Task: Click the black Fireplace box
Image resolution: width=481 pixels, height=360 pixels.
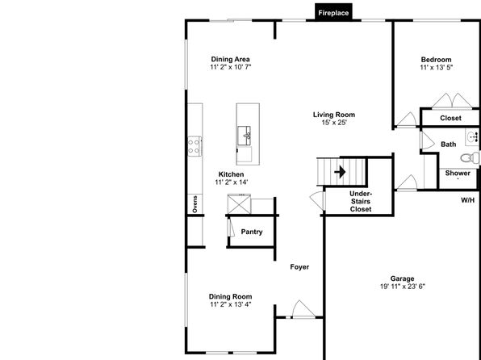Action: [x=333, y=12]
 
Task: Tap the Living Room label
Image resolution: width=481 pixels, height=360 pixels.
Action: [x=334, y=115]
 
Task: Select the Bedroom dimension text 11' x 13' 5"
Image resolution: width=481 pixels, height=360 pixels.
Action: [x=437, y=68]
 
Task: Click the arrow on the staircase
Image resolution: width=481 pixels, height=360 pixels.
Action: [x=341, y=172]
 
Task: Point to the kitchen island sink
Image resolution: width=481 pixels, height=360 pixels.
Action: [x=245, y=136]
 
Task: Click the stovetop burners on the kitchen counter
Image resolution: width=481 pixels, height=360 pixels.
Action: [x=194, y=146]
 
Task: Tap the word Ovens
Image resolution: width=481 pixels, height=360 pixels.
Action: [x=194, y=204]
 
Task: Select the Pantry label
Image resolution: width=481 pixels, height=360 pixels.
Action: [x=252, y=232]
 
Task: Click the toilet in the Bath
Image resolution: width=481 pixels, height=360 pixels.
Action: [x=470, y=158]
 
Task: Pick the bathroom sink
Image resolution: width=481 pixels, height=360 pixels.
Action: [x=472, y=137]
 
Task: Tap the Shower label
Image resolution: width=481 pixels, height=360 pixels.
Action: [x=458, y=173]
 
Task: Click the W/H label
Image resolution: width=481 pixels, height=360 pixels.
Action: [x=468, y=200]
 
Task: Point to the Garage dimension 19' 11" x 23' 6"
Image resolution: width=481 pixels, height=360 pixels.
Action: [x=403, y=287]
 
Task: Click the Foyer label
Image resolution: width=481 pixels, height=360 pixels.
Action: [x=299, y=267]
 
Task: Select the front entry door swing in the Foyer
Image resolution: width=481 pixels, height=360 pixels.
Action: [x=303, y=309]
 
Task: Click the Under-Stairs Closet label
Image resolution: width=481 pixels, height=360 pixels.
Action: [x=361, y=202]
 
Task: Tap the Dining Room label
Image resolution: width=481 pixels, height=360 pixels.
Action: [x=230, y=296]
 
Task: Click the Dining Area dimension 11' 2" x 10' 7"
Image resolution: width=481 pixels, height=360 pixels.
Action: [x=231, y=67]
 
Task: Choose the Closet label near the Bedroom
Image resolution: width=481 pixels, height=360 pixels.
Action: [x=450, y=118]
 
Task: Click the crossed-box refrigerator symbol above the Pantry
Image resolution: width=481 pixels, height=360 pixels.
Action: [x=239, y=203]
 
